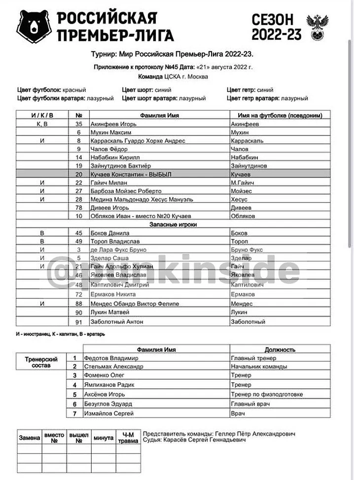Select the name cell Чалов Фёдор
(109, 149)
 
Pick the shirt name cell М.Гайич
(242, 183)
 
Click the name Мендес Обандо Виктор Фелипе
(135, 303)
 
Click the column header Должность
(280, 349)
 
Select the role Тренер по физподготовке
(267, 394)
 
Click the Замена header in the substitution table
(29, 438)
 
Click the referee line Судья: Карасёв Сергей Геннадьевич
(194, 440)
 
